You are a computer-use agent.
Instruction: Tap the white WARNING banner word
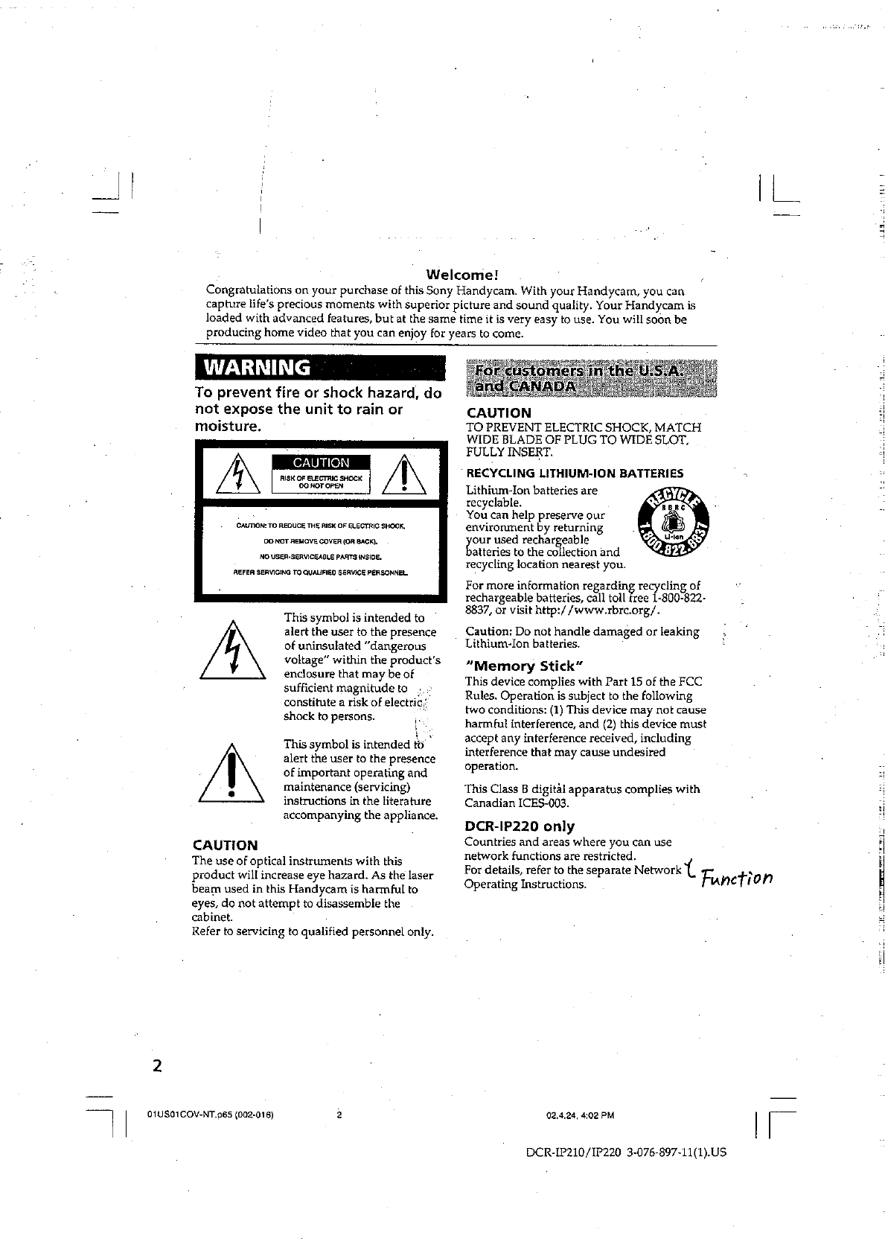coord(258,368)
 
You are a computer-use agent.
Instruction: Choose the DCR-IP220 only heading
coord(520,826)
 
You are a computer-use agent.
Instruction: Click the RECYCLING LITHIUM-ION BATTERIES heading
coord(575,473)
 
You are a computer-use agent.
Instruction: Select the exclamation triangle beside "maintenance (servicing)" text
coord(232,774)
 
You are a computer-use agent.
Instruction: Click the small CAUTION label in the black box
coord(321,462)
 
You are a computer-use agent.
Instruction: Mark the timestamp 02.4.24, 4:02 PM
coord(580,1115)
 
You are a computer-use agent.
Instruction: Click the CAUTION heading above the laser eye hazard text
coord(225,845)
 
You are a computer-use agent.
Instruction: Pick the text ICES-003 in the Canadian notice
coord(523,803)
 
